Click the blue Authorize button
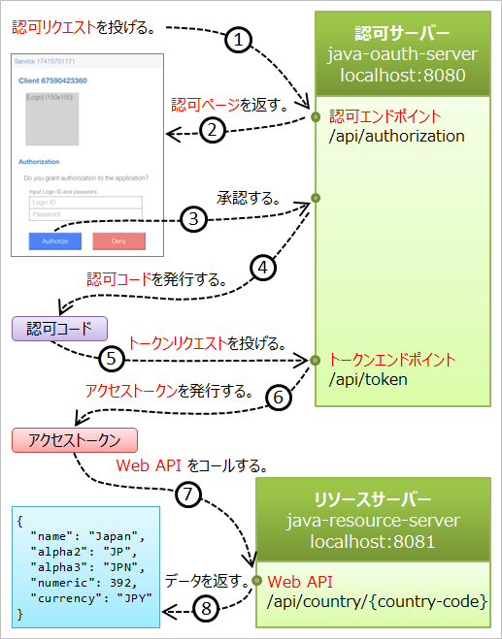pyautogui.click(x=55, y=240)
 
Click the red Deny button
pyautogui.click(x=118, y=240)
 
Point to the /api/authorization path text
pyautogui.click(x=397, y=136)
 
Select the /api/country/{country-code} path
pyautogui.click(x=377, y=602)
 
